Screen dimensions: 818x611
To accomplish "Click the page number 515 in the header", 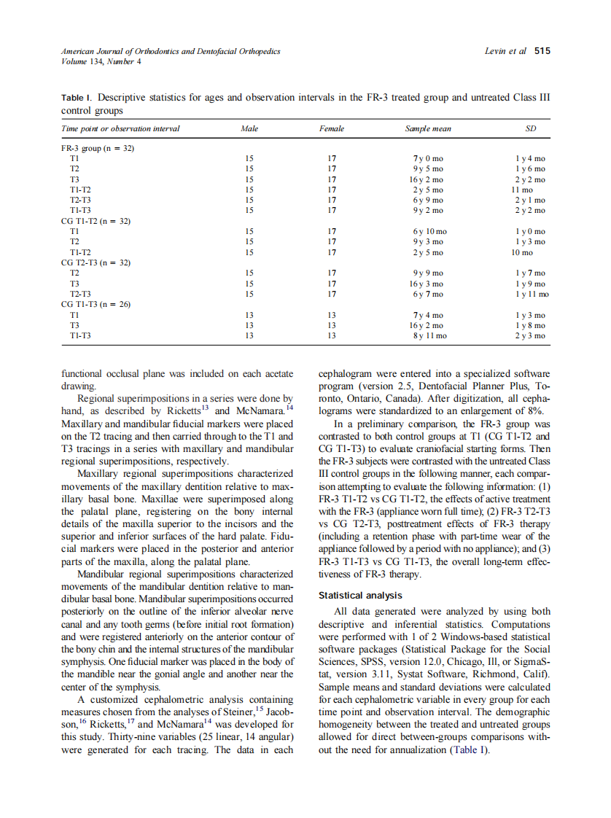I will coord(542,51).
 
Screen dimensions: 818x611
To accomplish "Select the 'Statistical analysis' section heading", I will coord(360,596).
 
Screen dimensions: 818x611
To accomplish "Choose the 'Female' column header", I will coord(332,129).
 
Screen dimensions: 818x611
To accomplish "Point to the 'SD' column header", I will coord(530,129).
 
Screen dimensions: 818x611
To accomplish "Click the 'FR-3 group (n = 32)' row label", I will coord(98,148).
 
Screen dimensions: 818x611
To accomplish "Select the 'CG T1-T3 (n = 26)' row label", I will coord(96,305).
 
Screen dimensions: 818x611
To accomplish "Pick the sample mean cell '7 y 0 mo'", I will coord(428,158).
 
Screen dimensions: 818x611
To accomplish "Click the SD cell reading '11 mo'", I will coord(522,190).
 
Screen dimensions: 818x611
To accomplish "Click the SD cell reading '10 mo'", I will coord(522,252).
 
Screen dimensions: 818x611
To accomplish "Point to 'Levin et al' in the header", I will coord(505,51).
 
